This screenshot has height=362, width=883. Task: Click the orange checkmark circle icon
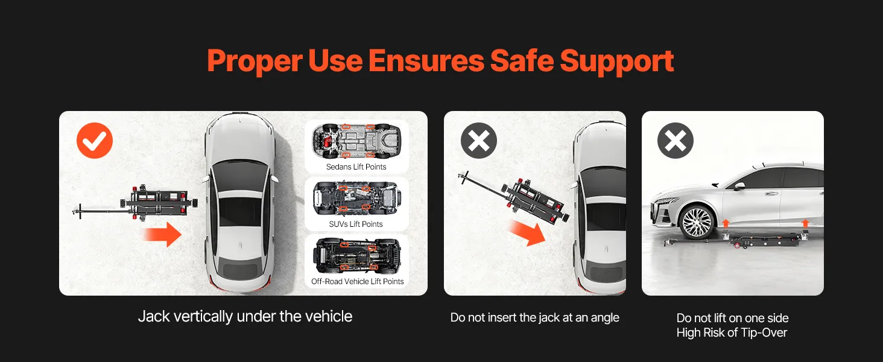pyautogui.click(x=95, y=141)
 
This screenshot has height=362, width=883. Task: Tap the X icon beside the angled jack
pyautogui.click(x=478, y=141)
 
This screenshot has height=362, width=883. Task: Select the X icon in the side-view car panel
pyautogui.click(x=676, y=141)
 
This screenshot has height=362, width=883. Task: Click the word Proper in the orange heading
pyautogui.click(x=255, y=62)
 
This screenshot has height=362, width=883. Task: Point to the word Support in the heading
pyautogui.click(x=617, y=62)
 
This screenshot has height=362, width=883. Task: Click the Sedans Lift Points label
pyautogui.click(x=356, y=167)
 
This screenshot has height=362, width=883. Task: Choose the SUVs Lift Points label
pyautogui.click(x=356, y=224)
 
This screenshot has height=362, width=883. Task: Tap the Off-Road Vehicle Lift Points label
pyautogui.click(x=357, y=281)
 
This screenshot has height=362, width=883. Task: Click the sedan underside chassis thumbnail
pyautogui.click(x=356, y=141)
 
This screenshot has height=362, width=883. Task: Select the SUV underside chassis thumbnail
pyautogui.click(x=356, y=198)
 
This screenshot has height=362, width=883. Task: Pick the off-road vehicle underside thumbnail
pyautogui.click(x=356, y=256)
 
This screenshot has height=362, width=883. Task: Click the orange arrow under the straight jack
pyautogui.click(x=162, y=234)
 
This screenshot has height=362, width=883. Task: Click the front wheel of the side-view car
pyautogui.click(x=697, y=222)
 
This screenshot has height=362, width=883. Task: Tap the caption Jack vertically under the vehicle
pyautogui.click(x=245, y=317)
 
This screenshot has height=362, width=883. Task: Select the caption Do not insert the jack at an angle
pyautogui.click(x=534, y=317)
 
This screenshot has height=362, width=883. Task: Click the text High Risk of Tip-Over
pyautogui.click(x=732, y=332)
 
